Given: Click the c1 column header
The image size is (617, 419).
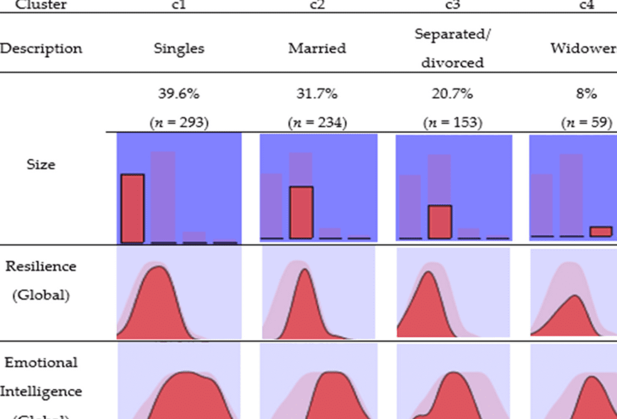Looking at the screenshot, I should (180, 5).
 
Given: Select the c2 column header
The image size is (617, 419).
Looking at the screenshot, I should (317, 5).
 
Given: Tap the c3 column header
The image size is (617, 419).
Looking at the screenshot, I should (453, 5).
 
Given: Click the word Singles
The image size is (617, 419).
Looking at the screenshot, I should (179, 49).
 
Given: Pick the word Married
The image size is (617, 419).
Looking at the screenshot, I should (317, 49).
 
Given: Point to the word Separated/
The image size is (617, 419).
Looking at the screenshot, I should (453, 34).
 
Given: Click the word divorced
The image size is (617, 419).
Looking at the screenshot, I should (453, 63).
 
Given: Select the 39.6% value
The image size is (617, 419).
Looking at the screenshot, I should (179, 94).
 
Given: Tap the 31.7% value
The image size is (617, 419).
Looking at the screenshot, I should (317, 94).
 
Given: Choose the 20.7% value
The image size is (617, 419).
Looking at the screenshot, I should (453, 94).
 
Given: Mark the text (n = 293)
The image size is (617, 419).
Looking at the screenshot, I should (179, 122).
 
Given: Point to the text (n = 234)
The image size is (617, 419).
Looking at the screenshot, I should (317, 122).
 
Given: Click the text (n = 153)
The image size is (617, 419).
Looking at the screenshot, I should (453, 122).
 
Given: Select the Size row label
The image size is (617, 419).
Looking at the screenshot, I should (41, 164).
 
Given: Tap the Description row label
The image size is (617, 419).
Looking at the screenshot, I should (41, 49).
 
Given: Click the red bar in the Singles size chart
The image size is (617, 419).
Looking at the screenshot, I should (133, 208).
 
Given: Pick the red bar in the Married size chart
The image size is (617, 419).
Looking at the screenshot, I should (301, 213).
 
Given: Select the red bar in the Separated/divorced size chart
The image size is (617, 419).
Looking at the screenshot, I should (440, 222).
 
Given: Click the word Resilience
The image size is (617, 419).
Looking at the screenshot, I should (41, 267).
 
